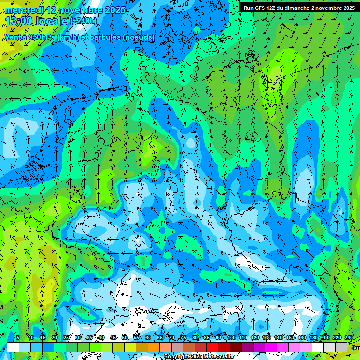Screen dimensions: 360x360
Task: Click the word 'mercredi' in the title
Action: point(24,10)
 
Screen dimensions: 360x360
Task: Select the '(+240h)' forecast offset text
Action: point(84,21)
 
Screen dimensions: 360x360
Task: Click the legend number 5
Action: point(18,338)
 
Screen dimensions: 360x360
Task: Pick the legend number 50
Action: point(125,338)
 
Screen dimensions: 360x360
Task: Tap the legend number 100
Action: point(231,338)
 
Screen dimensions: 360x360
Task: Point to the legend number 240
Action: point(349,338)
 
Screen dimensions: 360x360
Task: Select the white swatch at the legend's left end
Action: point(13,347)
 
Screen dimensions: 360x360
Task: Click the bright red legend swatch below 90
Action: point(212,347)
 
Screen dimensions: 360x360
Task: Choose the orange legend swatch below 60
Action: point(142,347)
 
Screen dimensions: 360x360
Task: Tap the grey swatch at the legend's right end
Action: point(342,347)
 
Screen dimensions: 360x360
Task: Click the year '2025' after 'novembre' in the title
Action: point(115,10)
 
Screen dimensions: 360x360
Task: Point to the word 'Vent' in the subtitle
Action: point(13,37)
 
